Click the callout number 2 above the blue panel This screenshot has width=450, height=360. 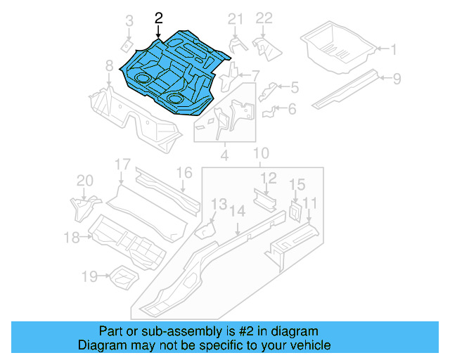click(159, 18)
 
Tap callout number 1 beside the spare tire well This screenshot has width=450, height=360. click(394, 49)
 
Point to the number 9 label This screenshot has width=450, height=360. click(397, 78)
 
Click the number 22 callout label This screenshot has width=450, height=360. click(264, 18)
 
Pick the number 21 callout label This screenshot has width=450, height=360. click(236, 18)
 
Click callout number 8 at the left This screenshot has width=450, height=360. click(109, 65)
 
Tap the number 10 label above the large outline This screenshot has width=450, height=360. click(261, 153)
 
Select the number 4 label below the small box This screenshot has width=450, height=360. click(224, 155)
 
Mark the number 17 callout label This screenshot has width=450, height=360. click(123, 165)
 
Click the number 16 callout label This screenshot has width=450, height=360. click(184, 173)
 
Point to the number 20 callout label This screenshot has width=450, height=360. click(84, 181)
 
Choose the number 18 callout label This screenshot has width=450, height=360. click(72, 238)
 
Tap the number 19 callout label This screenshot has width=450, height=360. click(89, 277)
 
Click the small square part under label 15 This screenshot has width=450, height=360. click(295, 210)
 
